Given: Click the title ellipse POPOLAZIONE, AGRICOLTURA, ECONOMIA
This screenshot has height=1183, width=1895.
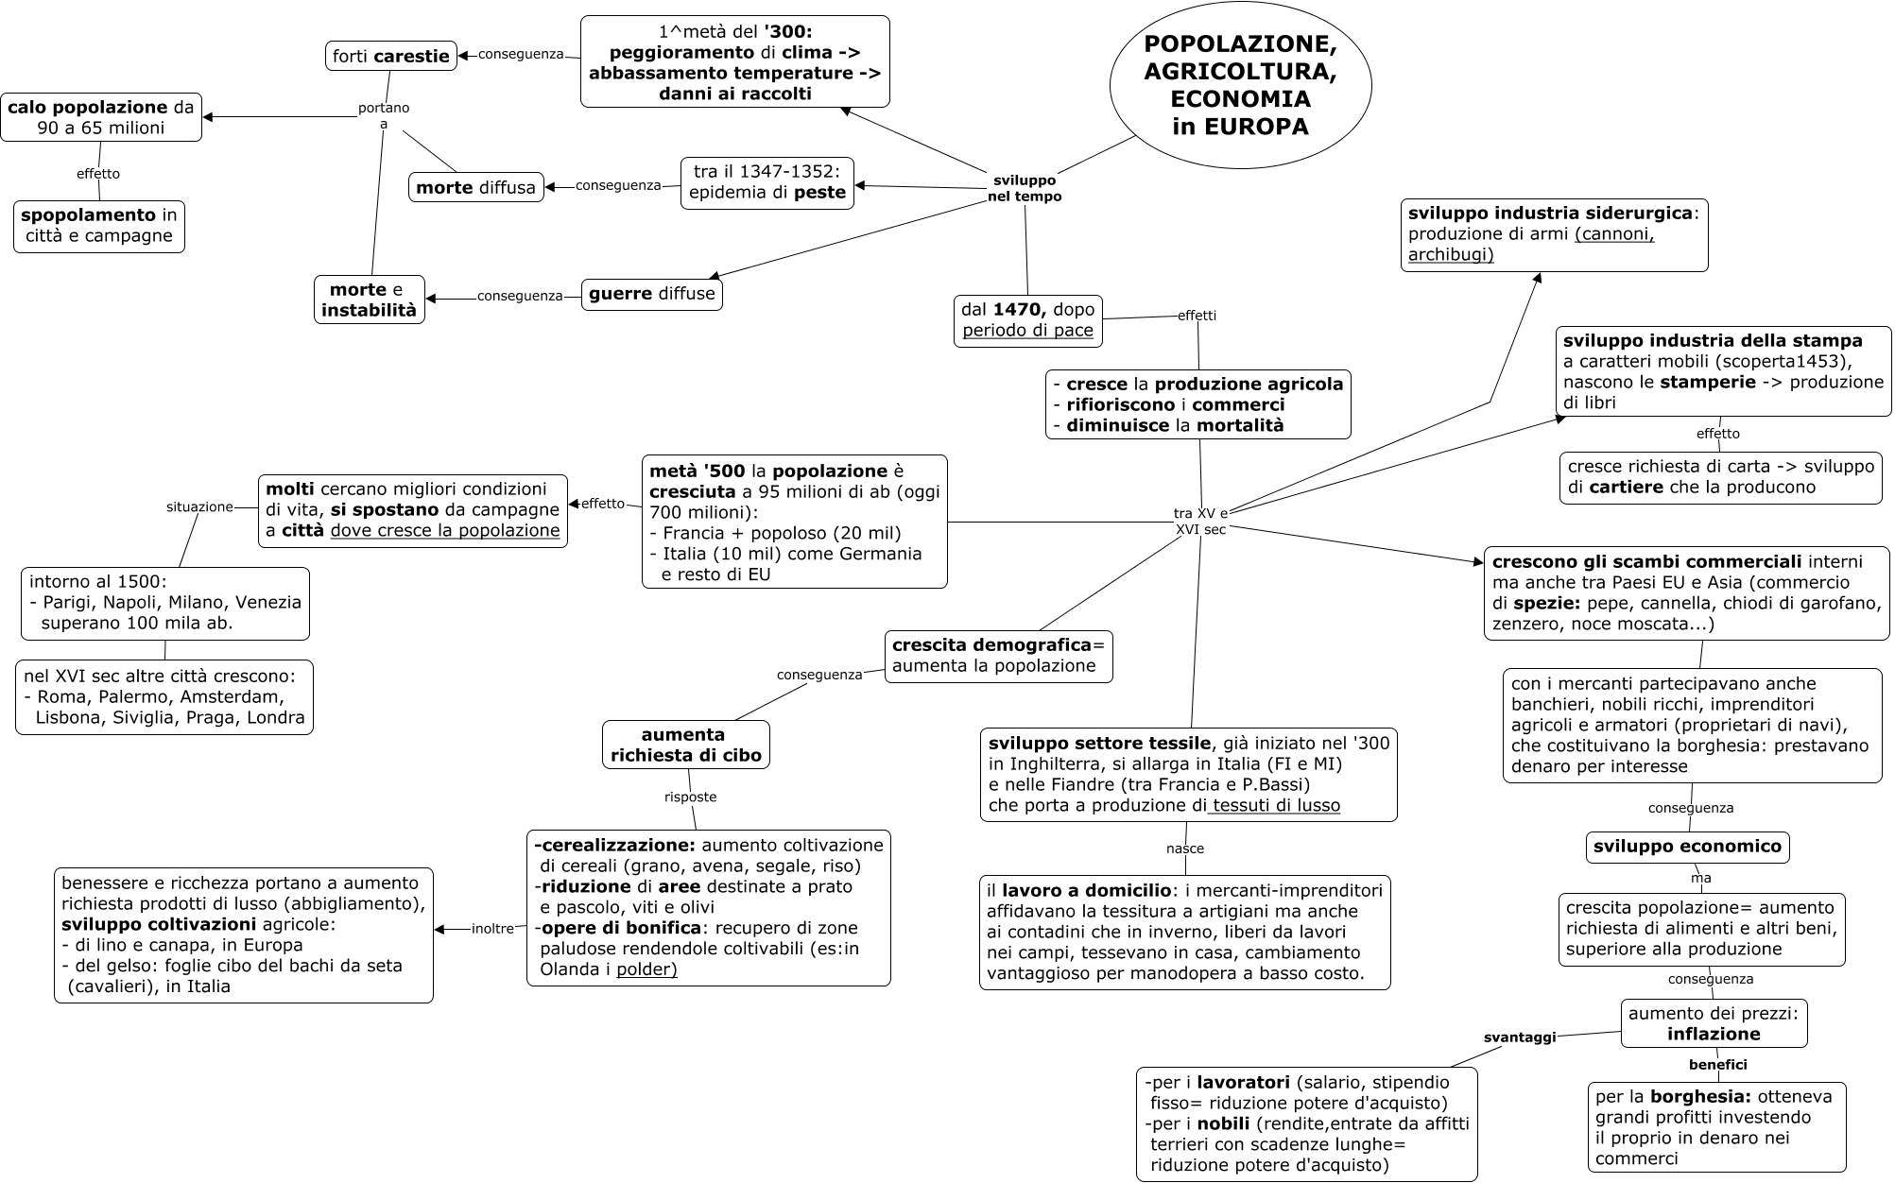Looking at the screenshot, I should click(x=1240, y=85).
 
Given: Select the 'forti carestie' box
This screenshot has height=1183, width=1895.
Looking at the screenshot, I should click(x=391, y=56).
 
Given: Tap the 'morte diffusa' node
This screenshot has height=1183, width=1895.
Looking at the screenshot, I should click(x=475, y=187).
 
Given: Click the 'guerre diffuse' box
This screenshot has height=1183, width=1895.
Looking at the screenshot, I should click(x=651, y=294).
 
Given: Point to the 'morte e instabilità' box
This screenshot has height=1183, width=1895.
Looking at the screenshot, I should click(x=369, y=300).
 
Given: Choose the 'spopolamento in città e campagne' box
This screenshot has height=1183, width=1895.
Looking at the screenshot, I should click(x=99, y=226).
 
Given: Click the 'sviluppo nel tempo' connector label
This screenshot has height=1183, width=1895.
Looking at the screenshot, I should click(x=1025, y=188).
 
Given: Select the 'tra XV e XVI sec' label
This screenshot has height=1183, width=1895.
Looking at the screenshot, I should click(x=1200, y=522).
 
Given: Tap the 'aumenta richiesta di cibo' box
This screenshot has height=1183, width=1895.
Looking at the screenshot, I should click(x=685, y=745).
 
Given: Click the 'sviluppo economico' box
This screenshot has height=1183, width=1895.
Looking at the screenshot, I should click(x=1687, y=847).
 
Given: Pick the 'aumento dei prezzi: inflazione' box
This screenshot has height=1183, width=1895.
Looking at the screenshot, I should click(x=1714, y=1023).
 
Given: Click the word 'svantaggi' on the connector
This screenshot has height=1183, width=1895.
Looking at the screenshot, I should click(x=1519, y=1037).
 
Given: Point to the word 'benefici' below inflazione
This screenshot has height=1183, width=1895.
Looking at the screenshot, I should click(x=1717, y=1065).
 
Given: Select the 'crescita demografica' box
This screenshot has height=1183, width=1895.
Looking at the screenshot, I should click(x=998, y=656).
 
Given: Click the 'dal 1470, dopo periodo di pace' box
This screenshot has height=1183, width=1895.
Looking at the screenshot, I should click(x=1027, y=320).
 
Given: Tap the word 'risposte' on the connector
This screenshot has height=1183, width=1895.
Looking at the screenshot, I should click(x=690, y=797).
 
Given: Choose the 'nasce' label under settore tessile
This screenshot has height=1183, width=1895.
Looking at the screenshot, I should click(x=1185, y=849).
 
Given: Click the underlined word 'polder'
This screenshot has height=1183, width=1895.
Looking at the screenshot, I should click(x=646, y=969).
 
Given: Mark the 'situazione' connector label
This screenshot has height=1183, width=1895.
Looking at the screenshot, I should click(x=199, y=506).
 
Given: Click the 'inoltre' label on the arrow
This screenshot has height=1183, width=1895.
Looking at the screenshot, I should click(x=492, y=929).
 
